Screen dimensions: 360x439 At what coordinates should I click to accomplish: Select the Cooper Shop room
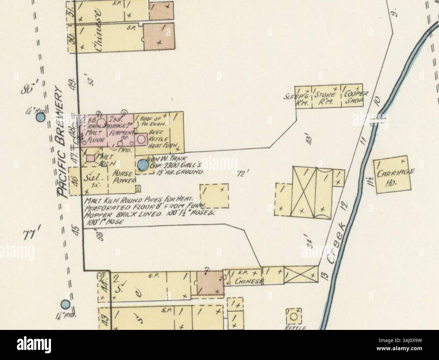pos(353,96)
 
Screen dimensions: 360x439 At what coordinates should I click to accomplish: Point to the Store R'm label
pos(326,97)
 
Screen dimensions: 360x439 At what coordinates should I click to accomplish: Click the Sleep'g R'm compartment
pos(303,96)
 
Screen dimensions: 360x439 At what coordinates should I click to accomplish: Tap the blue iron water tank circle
pos(143,165)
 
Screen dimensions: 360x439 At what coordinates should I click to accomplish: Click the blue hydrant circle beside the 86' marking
pos(41,118)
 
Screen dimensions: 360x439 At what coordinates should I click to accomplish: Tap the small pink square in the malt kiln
pos(91,158)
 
